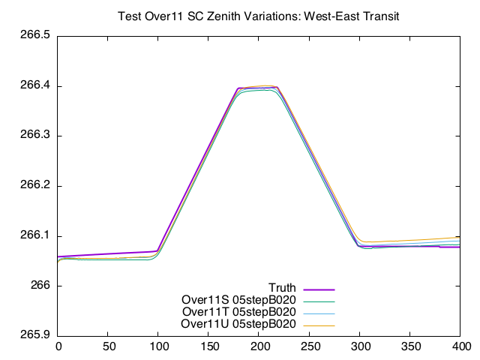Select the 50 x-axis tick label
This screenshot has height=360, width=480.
108,347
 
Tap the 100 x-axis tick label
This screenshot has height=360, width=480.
158,347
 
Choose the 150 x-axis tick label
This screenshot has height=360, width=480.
209,347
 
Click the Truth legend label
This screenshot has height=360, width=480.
282,288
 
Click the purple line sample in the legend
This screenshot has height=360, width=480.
318,289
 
